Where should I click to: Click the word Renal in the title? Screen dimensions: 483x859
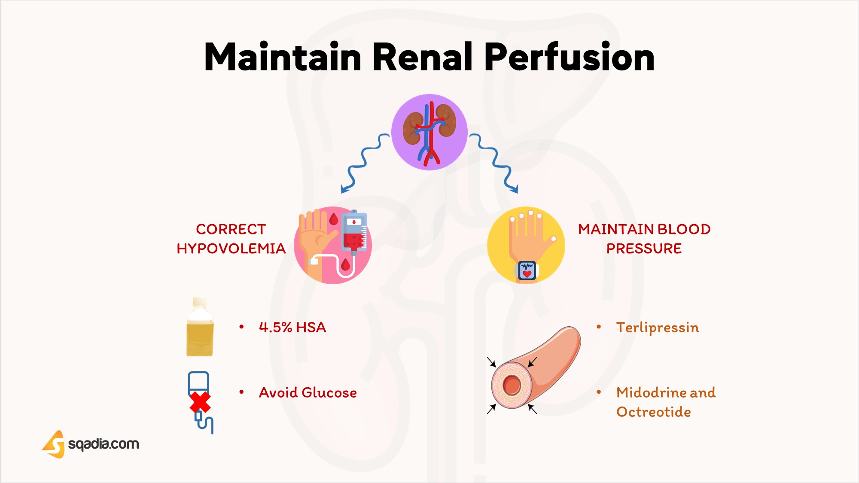(x=422, y=57)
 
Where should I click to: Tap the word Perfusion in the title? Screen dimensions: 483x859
(x=569, y=57)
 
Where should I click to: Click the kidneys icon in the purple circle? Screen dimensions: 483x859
(x=429, y=132)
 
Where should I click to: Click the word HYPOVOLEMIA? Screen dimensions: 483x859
(x=231, y=249)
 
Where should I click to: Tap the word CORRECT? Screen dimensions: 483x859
(x=231, y=229)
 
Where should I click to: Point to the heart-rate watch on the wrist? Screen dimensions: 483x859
(x=527, y=270)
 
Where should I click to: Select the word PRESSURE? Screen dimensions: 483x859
(x=644, y=249)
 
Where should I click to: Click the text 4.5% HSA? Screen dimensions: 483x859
(x=292, y=328)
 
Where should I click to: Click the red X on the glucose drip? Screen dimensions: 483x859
(x=200, y=402)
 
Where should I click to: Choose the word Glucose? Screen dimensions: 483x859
(x=329, y=393)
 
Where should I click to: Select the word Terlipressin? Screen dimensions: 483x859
(x=657, y=328)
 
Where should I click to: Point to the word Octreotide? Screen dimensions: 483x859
(x=653, y=412)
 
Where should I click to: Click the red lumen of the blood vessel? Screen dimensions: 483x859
(x=512, y=385)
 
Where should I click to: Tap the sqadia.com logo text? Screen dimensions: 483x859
(x=104, y=444)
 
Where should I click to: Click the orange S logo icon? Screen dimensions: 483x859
(x=54, y=444)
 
